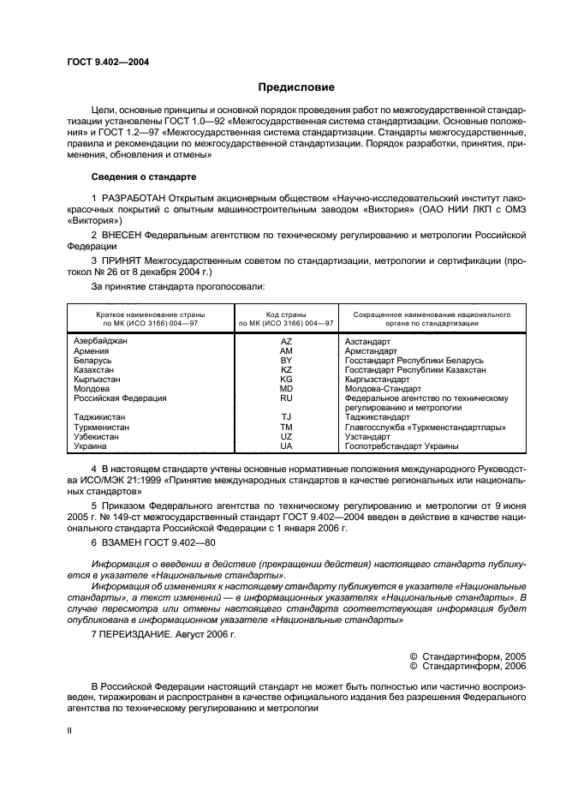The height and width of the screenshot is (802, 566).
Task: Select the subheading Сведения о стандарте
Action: (x=144, y=177)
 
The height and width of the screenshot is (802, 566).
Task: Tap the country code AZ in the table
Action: (x=286, y=341)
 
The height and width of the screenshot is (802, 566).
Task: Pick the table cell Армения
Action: (x=92, y=351)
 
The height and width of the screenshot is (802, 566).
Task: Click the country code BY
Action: (x=286, y=361)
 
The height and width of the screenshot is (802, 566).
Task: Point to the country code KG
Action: (x=286, y=380)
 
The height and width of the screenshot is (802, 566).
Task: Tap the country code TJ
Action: (x=286, y=417)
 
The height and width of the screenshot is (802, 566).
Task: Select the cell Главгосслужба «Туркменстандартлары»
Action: (x=425, y=427)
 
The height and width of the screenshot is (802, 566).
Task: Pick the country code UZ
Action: (x=286, y=436)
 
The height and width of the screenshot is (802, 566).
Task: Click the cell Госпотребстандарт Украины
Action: (x=401, y=446)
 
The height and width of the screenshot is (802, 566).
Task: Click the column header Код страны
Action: (x=286, y=315)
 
